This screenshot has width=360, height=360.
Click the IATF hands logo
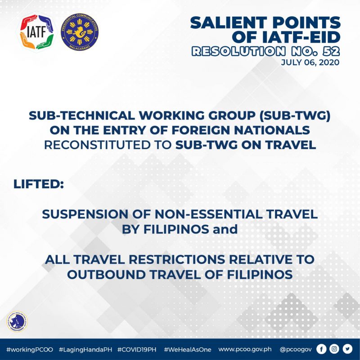[x=37, y=32]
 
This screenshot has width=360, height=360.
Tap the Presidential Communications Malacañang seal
[x=80, y=32]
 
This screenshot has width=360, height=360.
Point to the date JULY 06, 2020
[x=310, y=62]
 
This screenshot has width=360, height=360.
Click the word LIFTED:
[x=39, y=184]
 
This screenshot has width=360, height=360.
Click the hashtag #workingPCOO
[x=30, y=350]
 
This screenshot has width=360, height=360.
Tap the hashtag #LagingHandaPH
[x=85, y=350]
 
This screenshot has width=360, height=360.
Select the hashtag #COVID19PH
[x=137, y=350]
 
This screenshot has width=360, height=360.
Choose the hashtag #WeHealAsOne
[x=188, y=350]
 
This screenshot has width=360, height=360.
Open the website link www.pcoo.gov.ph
[x=245, y=350]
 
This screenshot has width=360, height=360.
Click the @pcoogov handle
[x=296, y=350]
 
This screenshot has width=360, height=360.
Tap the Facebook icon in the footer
[x=321, y=349]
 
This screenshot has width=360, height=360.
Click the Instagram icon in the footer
[x=334, y=349]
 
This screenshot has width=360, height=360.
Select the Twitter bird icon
[x=347, y=349]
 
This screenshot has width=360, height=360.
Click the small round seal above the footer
[x=17, y=321]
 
